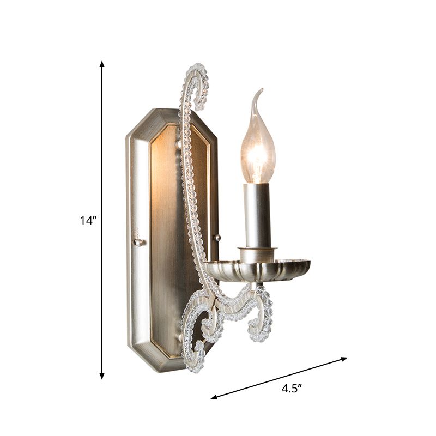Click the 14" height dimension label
[88, 220]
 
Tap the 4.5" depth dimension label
[292, 388]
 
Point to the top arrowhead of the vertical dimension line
[102, 64]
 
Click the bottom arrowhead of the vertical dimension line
[102, 376]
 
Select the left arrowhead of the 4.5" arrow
[214, 397]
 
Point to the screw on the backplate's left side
[138, 242]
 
